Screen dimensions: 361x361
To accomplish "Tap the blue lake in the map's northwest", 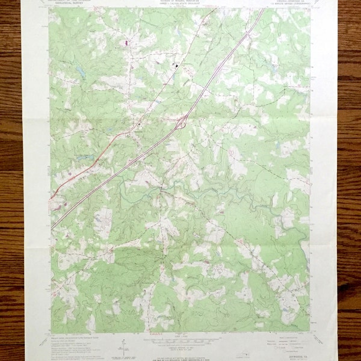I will (79, 72).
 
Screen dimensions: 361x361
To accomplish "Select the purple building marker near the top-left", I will (126, 43).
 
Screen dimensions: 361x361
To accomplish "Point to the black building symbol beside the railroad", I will (176, 65).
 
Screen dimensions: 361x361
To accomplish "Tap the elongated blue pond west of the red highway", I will (84, 157).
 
